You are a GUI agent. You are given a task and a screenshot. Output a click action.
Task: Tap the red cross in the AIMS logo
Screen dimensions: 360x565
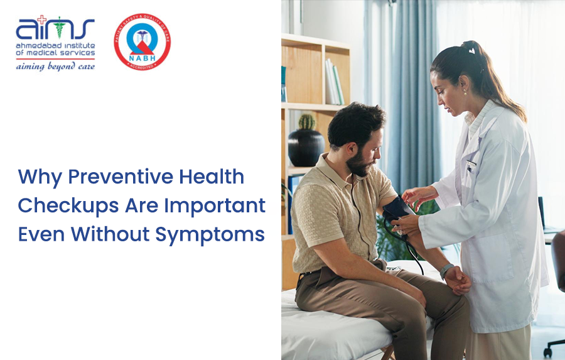(x=42, y=19)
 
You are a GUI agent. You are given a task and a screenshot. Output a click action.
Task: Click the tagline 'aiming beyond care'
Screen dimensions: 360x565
(x=55, y=66)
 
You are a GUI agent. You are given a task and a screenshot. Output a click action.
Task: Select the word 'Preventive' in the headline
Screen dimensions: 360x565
(x=108, y=177)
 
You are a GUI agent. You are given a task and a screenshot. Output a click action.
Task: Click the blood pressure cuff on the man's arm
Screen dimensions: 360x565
(x=397, y=209)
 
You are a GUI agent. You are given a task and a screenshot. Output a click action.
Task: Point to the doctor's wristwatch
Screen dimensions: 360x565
(x=446, y=270)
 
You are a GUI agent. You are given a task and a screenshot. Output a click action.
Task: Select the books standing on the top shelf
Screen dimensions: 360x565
(x=333, y=82)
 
